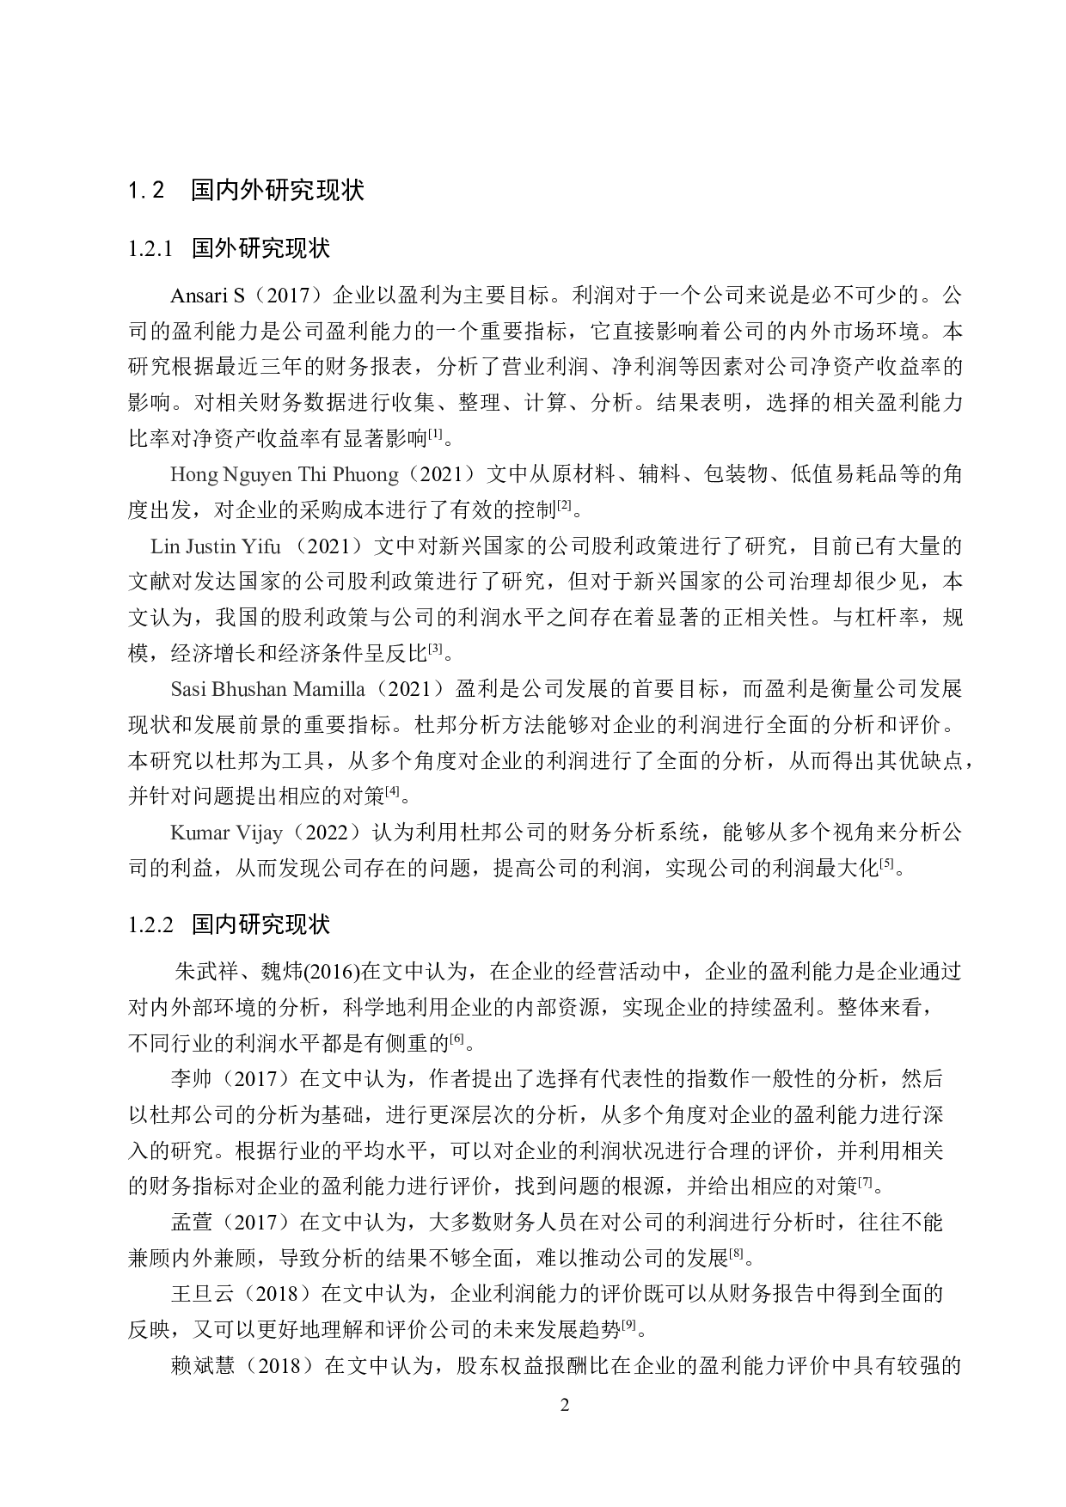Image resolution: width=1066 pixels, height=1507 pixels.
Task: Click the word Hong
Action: (193, 474)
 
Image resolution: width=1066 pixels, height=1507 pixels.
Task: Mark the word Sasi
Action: (188, 689)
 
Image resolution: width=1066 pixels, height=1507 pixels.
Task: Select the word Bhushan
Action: (249, 689)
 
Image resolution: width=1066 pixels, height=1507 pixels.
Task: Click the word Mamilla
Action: (329, 689)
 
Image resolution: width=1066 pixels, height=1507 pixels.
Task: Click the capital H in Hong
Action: (177, 474)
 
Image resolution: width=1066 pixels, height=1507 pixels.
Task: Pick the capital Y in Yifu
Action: (248, 546)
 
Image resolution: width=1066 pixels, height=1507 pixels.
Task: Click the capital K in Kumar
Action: (177, 833)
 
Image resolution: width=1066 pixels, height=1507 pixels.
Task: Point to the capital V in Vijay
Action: (242, 833)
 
